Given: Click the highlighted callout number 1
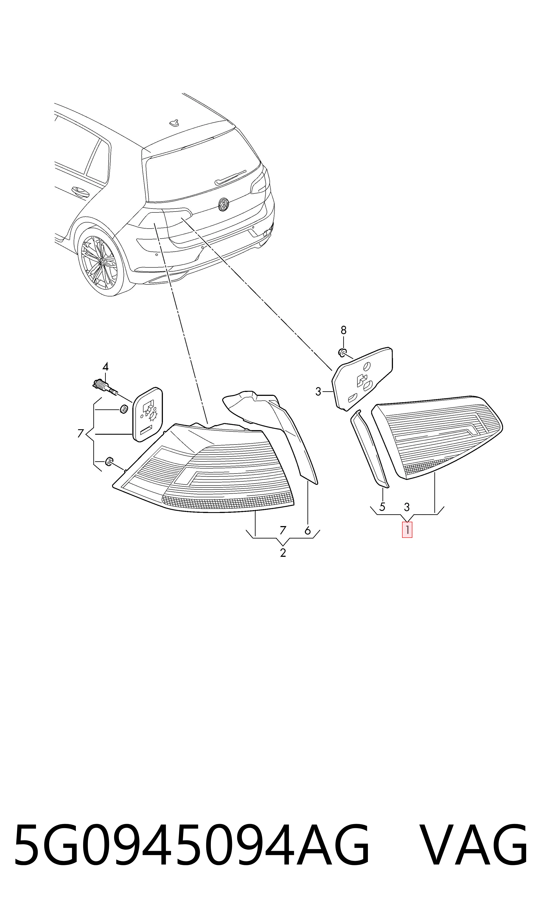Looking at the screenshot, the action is pyautogui.click(x=407, y=530).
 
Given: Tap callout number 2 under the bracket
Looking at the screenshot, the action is pyautogui.click(x=283, y=553).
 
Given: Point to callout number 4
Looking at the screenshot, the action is pyautogui.click(x=105, y=366).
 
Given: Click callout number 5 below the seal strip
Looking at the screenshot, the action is pyautogui.click(x=382, y=507).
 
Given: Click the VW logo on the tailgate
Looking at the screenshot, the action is pyautogui.click(x=223, y=204).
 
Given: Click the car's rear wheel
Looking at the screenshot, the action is pyautogui.click(x=98, y=261).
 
